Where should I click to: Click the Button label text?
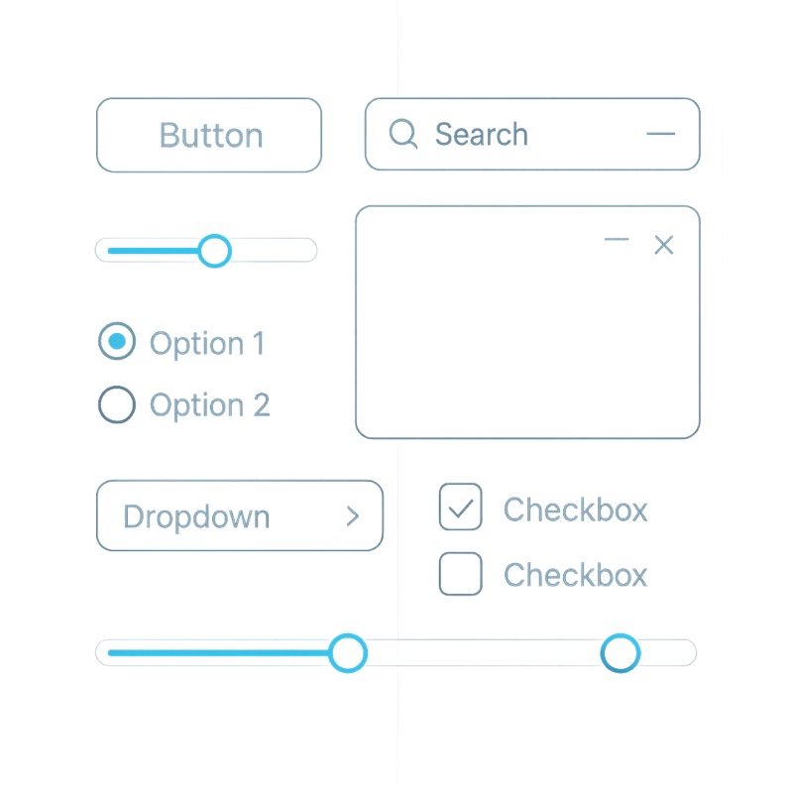[x=211, y=135]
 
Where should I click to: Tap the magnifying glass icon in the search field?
[x=403, y=134]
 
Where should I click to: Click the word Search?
[x=482, y=134]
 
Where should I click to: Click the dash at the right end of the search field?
[x=660, y=134]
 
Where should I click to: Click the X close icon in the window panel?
[x=663, y=245]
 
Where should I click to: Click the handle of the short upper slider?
[x=214, y=251]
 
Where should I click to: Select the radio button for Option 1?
[x=117, y=341]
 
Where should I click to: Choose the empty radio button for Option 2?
[x=117, y=404]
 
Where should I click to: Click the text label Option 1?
[x=207, y=344]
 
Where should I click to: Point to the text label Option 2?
[x=210, y=405]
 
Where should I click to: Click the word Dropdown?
[x=196, y=516]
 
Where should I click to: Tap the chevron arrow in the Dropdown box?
[x=353, y=516]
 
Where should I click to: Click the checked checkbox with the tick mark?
[x=460, y=507]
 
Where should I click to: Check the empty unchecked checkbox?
[x=460, y=574]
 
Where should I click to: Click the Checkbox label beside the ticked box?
[x=576, y=510]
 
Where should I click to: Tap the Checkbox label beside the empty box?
[x=576, y=575]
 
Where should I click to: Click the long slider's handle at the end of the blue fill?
[x=348, y=653]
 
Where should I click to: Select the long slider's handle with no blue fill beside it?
[x=621, y=653]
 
